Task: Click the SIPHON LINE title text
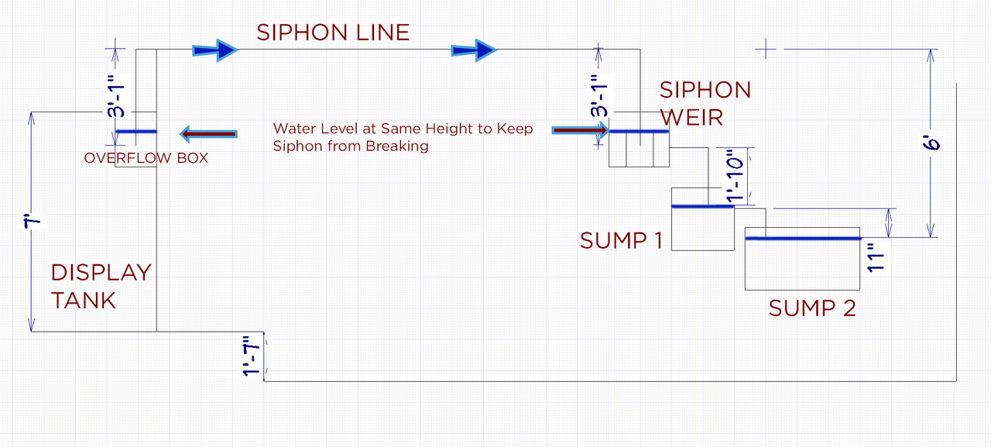point(333,33)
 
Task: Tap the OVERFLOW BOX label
point(146,158)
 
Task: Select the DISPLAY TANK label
point(101,286)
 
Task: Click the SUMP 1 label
point(621,240)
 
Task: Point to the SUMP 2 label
point(812,308)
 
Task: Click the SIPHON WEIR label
point(705,104)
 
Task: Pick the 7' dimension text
point(33,222)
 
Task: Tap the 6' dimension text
point(934,144)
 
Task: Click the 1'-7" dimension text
point(251,356)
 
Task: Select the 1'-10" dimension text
point(736,177)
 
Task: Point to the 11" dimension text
point(876,257)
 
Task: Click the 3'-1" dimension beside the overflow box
point(116,95)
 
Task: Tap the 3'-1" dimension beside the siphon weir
point(598,95)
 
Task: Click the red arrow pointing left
point(207,134)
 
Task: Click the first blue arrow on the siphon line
point(215,50)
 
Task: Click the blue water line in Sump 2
point(802,239)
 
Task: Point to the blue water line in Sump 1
point(701,206)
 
